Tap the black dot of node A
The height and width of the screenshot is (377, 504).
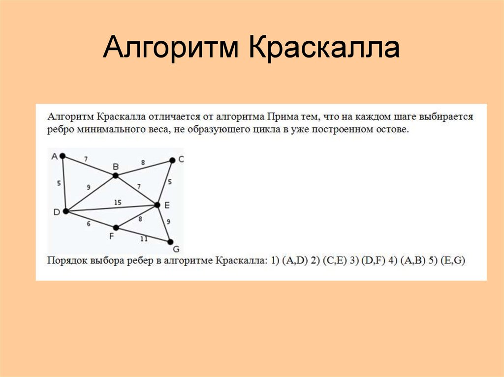[x=63, y=156]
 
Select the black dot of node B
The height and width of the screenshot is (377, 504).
[x=115, y=175]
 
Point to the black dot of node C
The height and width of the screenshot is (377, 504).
[x=172, y=160]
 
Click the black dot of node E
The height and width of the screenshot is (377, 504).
[x=157, y=204]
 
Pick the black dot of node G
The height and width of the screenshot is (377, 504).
[x=170, y=242]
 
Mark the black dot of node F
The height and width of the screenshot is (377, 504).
[x=116, y=228]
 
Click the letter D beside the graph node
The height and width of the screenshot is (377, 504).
[x=56, y=212]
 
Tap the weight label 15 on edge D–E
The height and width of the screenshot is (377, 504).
[x=118, y=202]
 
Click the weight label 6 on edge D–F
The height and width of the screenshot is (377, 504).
[x=89, y=224]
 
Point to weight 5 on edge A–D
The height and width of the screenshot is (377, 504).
[x=59, y=183]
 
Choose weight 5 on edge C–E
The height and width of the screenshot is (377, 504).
[x=170, y=182]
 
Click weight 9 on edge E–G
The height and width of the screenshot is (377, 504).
[x=169, y=222]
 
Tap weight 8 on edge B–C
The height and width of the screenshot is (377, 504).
[x=143, y=162]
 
